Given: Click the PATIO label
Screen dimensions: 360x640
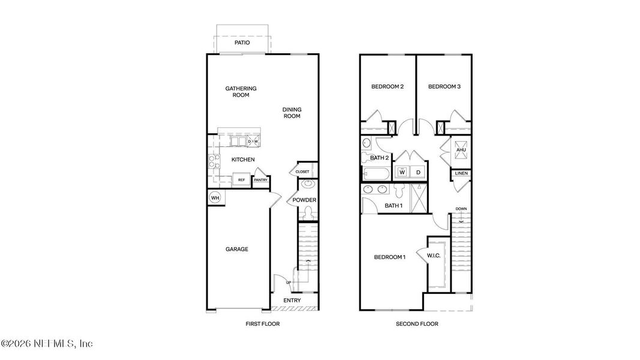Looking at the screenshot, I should coord(242,43).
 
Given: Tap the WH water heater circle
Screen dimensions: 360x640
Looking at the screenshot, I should coord(214,197).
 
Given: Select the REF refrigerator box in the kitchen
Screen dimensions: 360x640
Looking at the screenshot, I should coord(241,179).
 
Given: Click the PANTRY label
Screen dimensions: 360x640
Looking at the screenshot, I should coord(260,180).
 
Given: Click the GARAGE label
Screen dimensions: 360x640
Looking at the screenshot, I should coord(237,250).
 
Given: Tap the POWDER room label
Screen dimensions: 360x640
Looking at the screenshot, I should coord(305,200).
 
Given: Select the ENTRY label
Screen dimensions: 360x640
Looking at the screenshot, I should coord(292,301).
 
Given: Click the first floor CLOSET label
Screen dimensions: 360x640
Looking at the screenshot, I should coord(302,172).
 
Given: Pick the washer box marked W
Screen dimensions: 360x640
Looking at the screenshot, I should coord(401,172).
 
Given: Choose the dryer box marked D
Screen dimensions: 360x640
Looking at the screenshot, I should coord(419,172).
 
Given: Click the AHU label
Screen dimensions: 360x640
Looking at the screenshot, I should coord(461,150).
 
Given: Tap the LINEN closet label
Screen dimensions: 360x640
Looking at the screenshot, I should coord(461,173).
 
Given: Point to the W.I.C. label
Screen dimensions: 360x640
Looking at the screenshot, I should coord(434,256).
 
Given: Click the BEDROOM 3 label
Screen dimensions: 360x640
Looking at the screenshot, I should coord(444,86).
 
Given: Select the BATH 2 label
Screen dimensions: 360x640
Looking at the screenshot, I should coord(380,158).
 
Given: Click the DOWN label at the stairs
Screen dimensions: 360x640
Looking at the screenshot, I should coord(461,209).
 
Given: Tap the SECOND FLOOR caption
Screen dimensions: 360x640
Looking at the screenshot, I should coord(417,324).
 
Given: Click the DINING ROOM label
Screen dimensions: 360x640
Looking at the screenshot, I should coord(292,113).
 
